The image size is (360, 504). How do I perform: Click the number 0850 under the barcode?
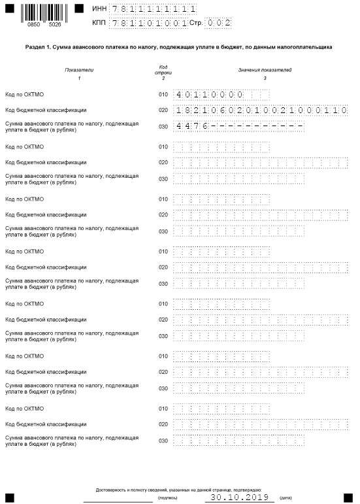click(33, 24)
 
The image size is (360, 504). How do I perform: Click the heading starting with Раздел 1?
click(179, 47)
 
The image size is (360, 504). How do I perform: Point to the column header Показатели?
click(78, 69)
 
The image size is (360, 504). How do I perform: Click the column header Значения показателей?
click(265, 69)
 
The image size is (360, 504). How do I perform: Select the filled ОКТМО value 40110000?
click(208, 95)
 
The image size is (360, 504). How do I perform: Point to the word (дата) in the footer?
click(286, 497)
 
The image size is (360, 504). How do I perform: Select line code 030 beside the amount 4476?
click(163, 126)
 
